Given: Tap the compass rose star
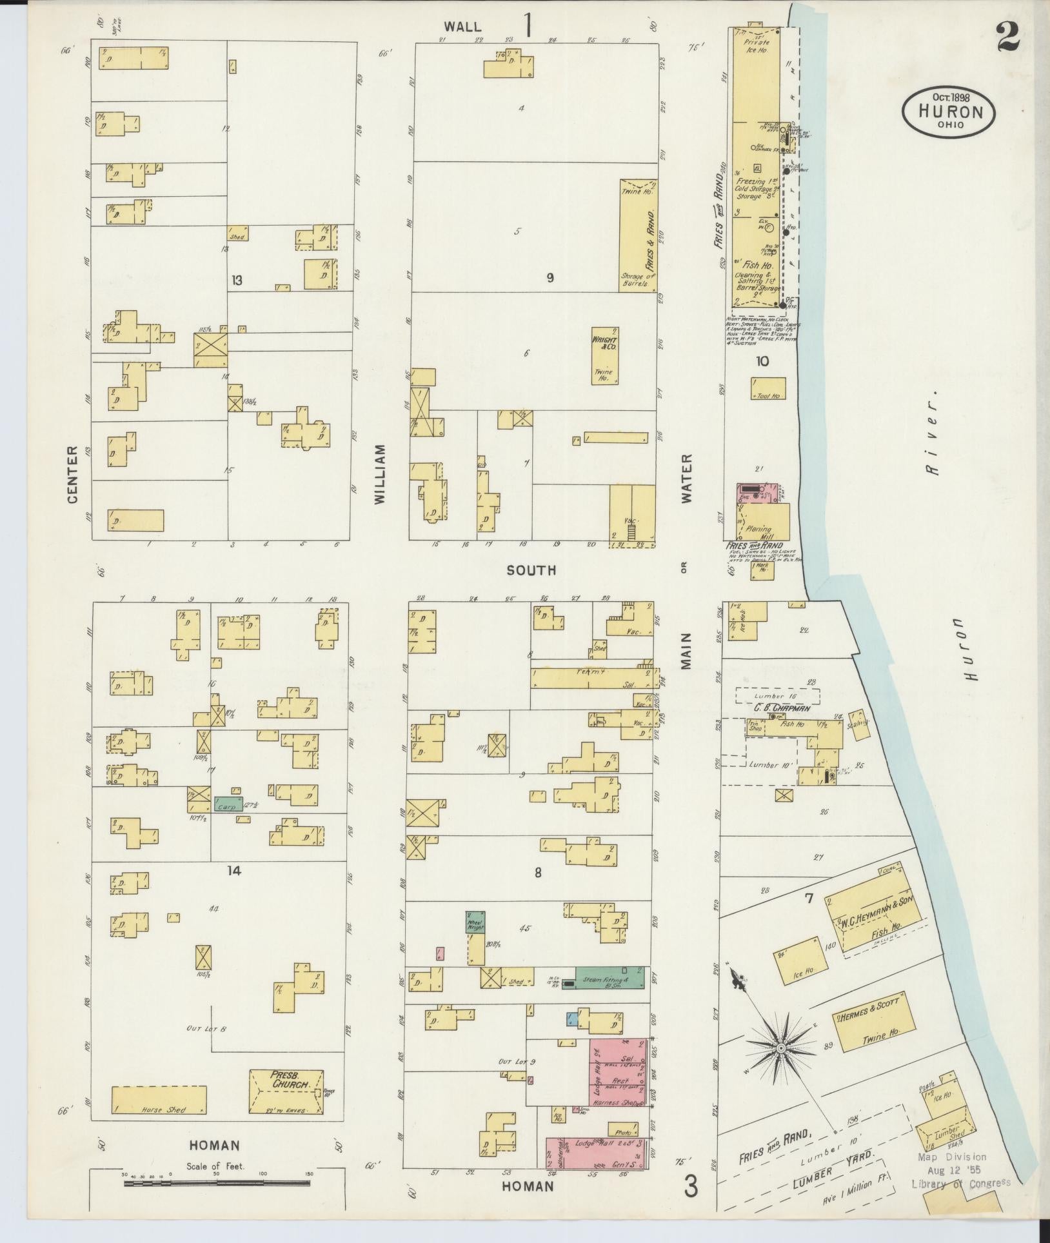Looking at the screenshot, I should (x=780, y=1048).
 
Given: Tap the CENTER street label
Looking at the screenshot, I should (x=72, y=473).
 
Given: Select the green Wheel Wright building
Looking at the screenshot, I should (x=476, y=921).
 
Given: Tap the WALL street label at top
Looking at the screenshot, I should (x=462, y=26).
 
